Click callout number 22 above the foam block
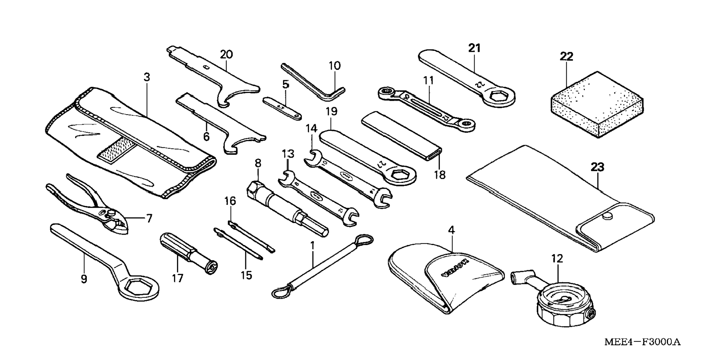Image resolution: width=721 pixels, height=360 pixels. point(566,57)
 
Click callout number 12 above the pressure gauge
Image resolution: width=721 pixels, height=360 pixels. point(557,258)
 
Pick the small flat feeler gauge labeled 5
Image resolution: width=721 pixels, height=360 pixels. point(282,108)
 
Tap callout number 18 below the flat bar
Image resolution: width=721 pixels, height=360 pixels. point(440,174)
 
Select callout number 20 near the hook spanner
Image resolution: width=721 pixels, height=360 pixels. point(226,54)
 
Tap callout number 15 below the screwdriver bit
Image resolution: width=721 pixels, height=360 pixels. point(246,275)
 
